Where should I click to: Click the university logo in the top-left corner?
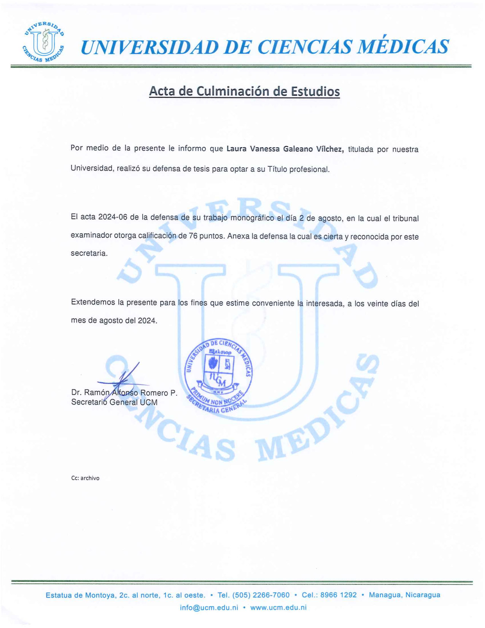pos(43,41)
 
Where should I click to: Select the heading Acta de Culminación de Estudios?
pos(244,91)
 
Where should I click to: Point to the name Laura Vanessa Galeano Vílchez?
pos(285,149)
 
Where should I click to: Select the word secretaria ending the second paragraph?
pos(89,253)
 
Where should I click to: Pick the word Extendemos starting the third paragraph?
pos(93,302)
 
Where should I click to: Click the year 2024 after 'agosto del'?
pos(147,320)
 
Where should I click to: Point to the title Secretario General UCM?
pos(114,402)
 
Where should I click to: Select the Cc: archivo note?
pos(85,478)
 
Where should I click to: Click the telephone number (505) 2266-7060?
pos(261,595)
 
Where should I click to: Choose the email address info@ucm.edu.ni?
pos(209,607)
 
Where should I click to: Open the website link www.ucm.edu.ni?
pos(278,607)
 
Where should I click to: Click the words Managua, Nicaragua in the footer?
pos(404,595)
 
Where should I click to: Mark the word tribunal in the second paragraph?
pos(405,218)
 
